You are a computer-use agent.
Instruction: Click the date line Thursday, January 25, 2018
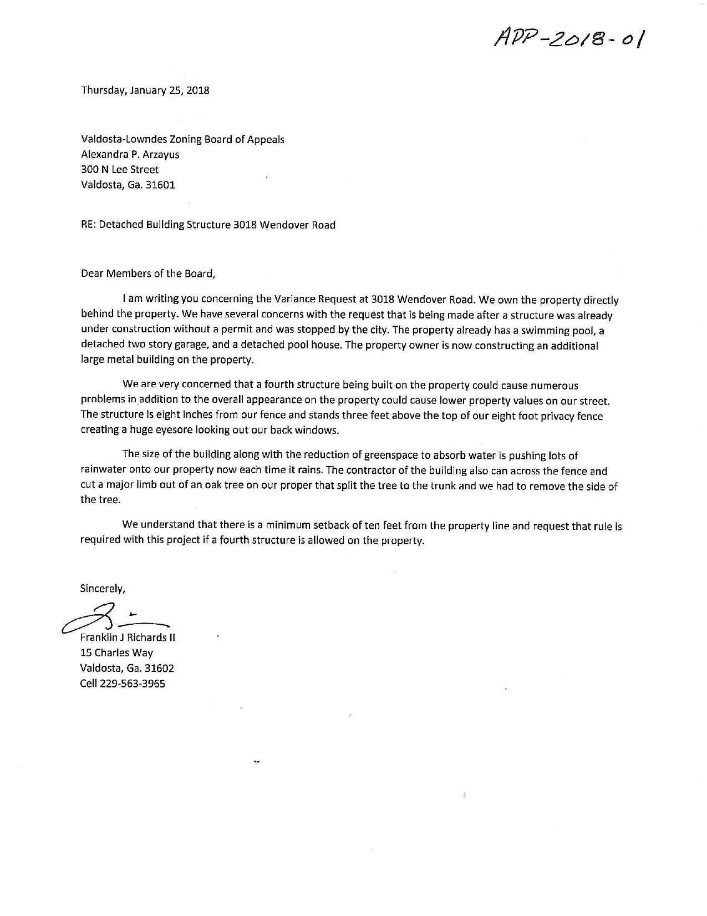(145, 90)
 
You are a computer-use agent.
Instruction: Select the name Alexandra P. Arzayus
(130, 155)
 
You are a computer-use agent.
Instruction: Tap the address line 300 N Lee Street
(120, 170)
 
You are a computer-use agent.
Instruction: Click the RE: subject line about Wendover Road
(208, 225)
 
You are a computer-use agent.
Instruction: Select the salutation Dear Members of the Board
(147, 273)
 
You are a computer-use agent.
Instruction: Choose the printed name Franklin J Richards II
(128, 637)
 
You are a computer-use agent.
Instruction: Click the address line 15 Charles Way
(117, 653)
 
